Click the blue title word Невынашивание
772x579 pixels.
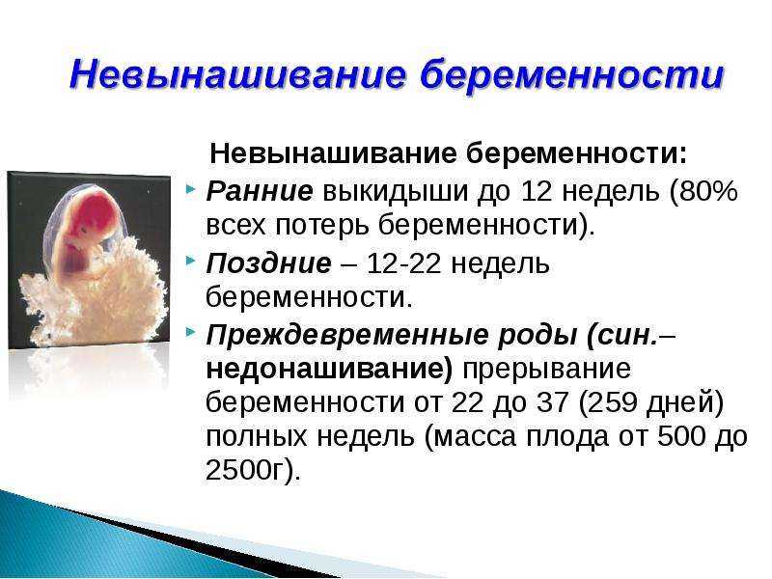pos(237,75)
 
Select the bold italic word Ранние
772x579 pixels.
pos(260,191)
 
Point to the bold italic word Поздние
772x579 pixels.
pos(269,263)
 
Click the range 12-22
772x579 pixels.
pos(403,263)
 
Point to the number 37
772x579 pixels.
pos(552,402)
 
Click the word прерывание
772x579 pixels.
pos(546,370)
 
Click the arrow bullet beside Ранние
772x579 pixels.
pos(191,189)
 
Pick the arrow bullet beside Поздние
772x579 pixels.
pos(191,261)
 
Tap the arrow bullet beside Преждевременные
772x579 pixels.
pos(191,333)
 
